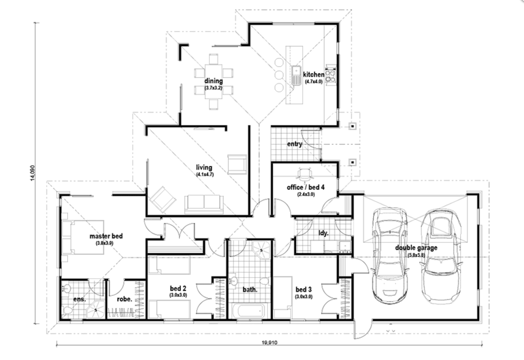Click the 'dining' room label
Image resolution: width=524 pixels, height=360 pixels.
pos(213,81)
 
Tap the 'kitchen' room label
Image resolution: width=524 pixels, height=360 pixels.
pos(313,74)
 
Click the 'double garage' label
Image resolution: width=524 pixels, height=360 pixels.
pos(416,248)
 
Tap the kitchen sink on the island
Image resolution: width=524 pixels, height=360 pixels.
pos(297,75)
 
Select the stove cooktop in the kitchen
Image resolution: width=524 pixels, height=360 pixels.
pos(330,76)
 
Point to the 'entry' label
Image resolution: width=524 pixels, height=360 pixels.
pos(295,144)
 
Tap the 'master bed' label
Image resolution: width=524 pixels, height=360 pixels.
pos(106,236)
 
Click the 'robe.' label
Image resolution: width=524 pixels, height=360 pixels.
pos(123,299)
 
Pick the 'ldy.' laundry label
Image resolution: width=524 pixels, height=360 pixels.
pos(323,233)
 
